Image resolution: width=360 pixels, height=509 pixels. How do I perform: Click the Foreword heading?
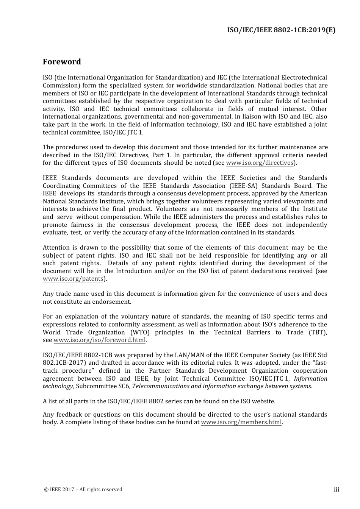pos(62,62)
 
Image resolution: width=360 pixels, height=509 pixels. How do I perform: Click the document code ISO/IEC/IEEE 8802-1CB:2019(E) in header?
pos(281,30)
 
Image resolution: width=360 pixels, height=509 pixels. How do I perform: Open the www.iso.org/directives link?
pos(260,163)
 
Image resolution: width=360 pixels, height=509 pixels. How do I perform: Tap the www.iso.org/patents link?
pos(73,279)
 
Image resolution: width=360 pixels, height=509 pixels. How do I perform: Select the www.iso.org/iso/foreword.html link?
pos(100,340)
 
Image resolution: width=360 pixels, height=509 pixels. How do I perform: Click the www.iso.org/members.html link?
pos(241,422)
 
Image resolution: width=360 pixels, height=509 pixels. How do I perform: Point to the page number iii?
pos(337,490)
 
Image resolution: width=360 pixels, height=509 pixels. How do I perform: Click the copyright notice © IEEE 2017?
pos(83,490)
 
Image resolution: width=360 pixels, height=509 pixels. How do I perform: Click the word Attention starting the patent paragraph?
pos(56,248)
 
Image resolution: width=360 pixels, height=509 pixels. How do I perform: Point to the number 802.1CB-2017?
pos(61,363)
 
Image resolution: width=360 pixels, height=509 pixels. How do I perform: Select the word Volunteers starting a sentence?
pos(171,209)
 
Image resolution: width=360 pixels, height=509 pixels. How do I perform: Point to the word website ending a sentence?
pos(264,401)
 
